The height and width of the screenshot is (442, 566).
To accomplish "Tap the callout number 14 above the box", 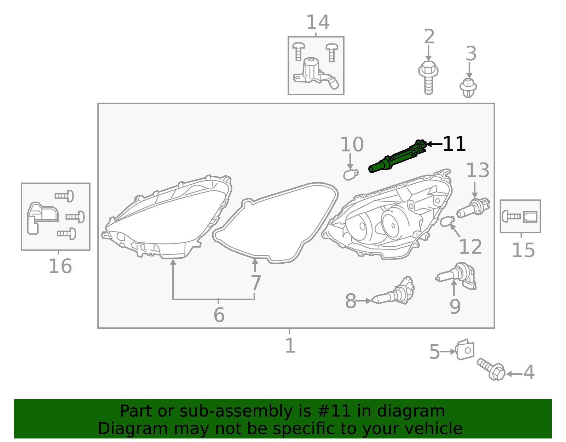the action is click(x=318, y=22).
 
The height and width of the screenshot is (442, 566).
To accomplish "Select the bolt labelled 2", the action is click(x=428, y=78).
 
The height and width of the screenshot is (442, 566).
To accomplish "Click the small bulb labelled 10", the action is click(x=351, y=174).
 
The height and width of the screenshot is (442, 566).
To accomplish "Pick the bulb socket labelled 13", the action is click(x=473, y=208).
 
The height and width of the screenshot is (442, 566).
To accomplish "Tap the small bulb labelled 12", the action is click(x=447, y=222).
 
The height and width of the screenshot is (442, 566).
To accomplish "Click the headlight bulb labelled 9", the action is click(x=456, y=276).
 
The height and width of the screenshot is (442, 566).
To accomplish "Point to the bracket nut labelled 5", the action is click(x=465, y=350).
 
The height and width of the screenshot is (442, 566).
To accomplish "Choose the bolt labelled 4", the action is click(x=491, y=369).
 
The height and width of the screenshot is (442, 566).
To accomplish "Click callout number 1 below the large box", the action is click(x=290, y=346).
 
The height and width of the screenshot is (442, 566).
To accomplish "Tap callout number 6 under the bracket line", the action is click(x=219, y=315).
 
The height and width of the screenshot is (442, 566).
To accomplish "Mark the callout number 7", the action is click(x=256, y=283).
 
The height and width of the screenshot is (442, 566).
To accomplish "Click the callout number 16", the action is click(x=60, y=266).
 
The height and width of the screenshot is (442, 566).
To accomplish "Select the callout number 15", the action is click(x=523, y=250).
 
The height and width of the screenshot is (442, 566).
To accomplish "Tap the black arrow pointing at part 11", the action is click(x=434, y=144).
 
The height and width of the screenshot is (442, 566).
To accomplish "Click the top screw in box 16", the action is click(x=64, y=196).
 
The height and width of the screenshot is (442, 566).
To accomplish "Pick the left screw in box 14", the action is click(x=299, y=52).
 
